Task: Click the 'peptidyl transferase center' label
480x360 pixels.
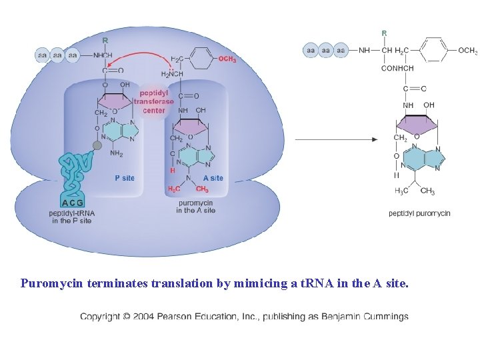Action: pyautogui.click(x=153, y=101)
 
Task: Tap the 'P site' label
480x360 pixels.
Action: pyautogui.click(x=124, y=178)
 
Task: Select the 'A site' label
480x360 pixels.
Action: pyautogui.click(x=213, y=178)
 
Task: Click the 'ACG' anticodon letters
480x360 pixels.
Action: pyautogui.click(x=72, y=203)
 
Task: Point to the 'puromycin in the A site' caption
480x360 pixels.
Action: pyautogui.click(x=195, y=206)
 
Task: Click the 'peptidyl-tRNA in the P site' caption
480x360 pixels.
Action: pyautogui.click(x=71, y=217)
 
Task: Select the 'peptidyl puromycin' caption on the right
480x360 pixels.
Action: pyautogui.click(x=419, y=213)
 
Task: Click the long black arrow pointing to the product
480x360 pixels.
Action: pyautogui.click(x=336, y=139)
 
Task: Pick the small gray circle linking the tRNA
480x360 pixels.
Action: pyautogui.click(x=97, y=145)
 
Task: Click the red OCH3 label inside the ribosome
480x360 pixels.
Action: pyautogui.click(x=227, y=59)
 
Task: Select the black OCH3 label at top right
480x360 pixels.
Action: pyautogui.click(x=467, y=51)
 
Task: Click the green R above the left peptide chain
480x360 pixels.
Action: pyautogui.click(x=105, y=40)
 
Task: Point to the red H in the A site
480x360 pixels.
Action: pyautogui.click(x=172, y=170)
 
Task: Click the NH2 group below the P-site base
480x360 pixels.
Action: pyautogui.click(x=116, y=154)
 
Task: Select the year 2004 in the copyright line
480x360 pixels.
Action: pyautogui.click(x=143, y=317)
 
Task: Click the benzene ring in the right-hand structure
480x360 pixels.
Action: pyautogui.click(x=434, y=51)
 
